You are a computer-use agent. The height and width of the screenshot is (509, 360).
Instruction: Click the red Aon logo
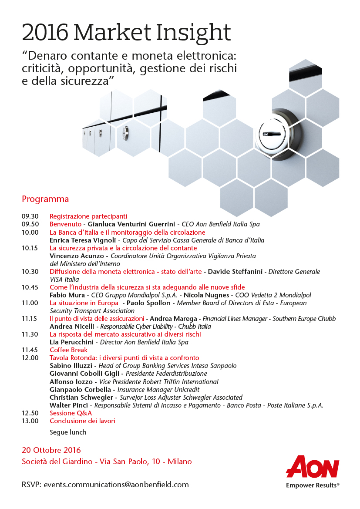[312, 468]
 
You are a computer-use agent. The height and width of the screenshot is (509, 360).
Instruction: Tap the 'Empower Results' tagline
[312, 485]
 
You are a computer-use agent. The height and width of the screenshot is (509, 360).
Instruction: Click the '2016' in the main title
[45, 33]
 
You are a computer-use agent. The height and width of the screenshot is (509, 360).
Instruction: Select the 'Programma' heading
[45, 199]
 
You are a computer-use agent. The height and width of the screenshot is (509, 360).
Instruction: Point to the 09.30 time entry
[30, 216]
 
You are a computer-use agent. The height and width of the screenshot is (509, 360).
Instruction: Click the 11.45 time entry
[30, 350]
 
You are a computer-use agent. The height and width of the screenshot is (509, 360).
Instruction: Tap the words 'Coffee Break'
[68, 350]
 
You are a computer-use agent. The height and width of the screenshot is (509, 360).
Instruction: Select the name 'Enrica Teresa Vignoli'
[83, 240]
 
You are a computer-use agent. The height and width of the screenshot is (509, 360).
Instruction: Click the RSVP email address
[116, 484]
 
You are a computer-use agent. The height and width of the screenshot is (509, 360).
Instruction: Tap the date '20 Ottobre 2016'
[51, 450]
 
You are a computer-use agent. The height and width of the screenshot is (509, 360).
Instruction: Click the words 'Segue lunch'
[68, 432]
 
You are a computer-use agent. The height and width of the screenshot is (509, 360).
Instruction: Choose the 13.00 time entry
[30, 421]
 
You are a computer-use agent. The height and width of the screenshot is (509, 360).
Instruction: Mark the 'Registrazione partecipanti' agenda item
[88, 216]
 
